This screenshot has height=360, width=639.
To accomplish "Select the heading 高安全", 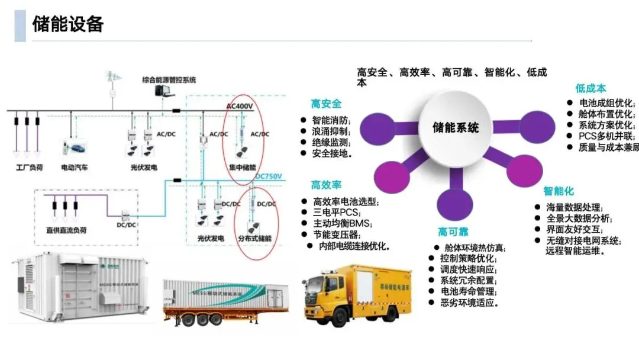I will point(326,104).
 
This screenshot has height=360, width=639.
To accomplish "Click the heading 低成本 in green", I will point(590,88).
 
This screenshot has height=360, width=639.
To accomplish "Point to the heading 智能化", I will point(559,191).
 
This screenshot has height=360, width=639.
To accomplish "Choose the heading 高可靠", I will point(453,232).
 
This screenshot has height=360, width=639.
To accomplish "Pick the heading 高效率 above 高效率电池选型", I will point(326,185).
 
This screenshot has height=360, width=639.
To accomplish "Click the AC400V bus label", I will point(240,106).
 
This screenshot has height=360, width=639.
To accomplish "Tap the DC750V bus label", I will point(269,176).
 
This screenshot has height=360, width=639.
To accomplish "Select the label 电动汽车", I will point(75,168).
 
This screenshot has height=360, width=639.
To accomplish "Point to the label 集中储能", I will point(243,168).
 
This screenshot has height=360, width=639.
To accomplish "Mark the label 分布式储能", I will point(254,238).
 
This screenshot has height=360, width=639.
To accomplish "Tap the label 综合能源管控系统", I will point(169,79).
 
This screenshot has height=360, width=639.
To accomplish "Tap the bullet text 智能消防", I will point(331,120).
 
